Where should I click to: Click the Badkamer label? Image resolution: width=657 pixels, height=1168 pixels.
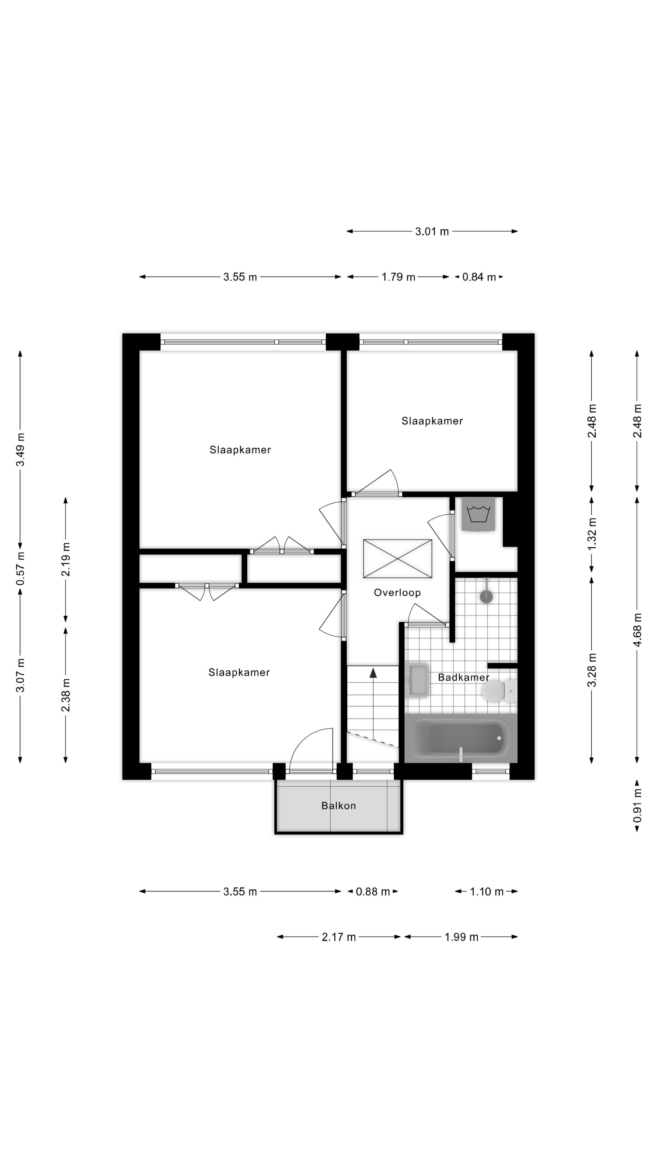tap(463, 677)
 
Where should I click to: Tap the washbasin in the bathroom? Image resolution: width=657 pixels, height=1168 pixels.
tap(418, 680)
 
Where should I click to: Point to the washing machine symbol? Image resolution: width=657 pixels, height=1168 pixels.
tap(478, 514)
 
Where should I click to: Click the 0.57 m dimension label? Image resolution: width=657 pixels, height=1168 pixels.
tap(20, 568)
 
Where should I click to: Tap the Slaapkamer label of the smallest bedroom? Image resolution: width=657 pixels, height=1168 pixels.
tap(432, 421)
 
